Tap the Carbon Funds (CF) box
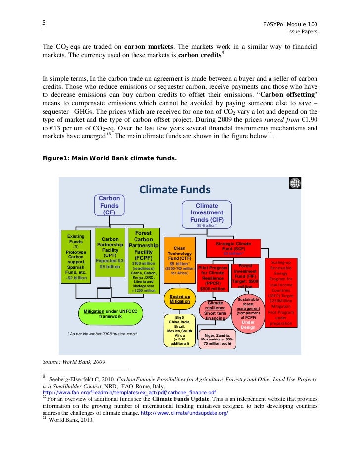(x=109, y=205)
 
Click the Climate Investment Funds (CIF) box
(x=207, y=212)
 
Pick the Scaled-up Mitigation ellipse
(x=179, y=298)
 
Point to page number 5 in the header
(x=44, y=23)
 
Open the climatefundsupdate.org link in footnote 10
(x=185, y=412)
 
